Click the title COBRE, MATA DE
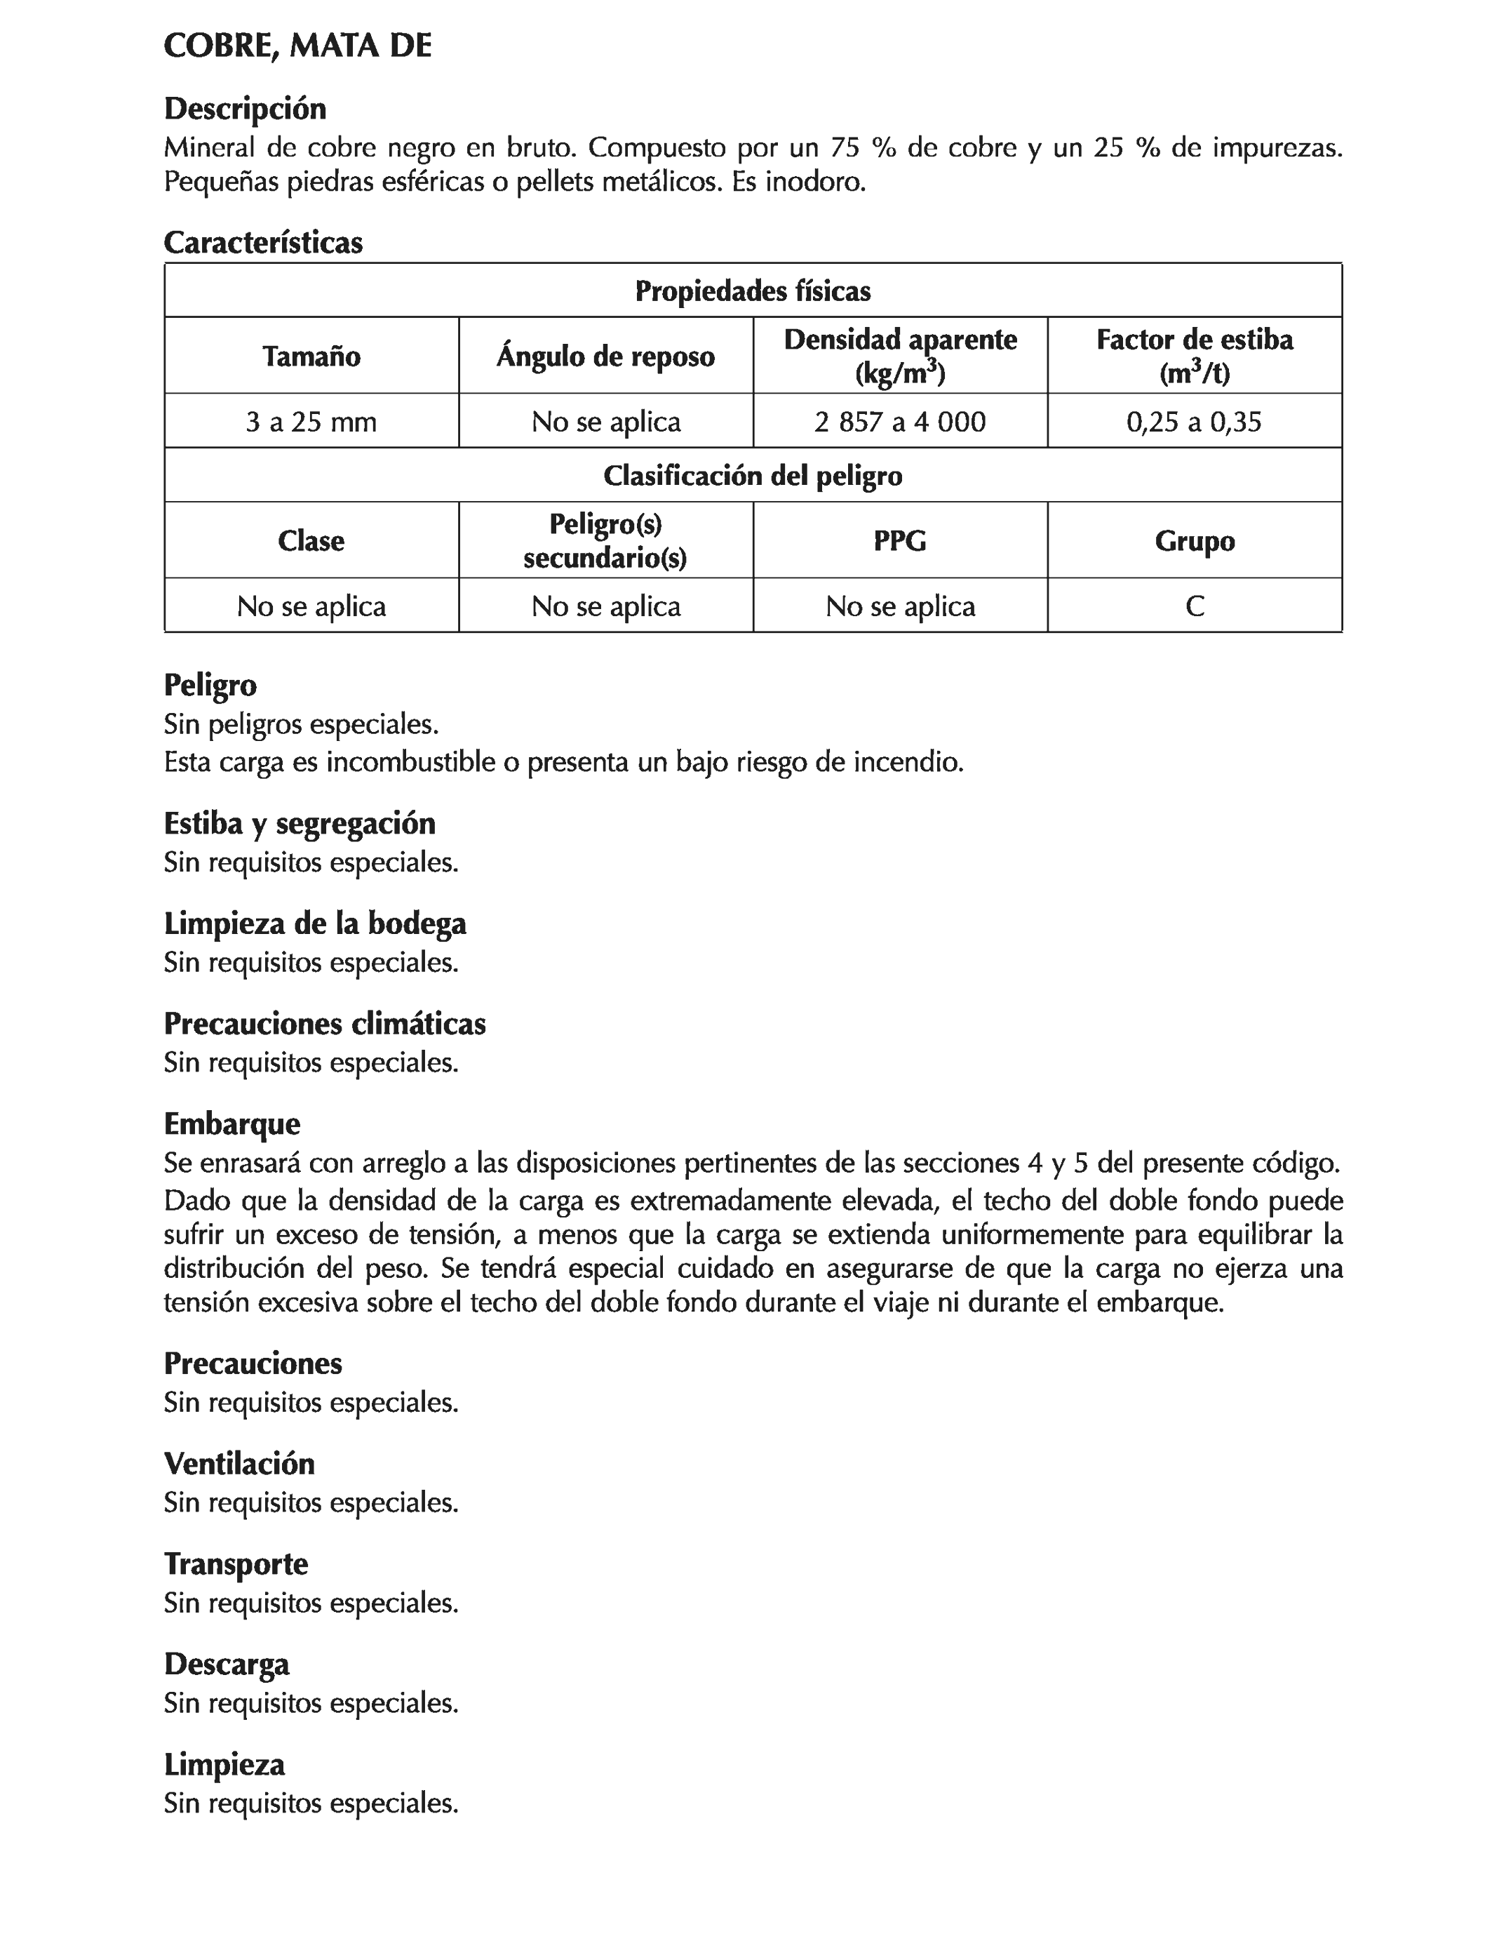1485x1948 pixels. (x=298, y=46)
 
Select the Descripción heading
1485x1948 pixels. (x=245, y=109)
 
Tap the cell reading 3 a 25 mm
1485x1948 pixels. (x=311, y=422)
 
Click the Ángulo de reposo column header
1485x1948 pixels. (x=605, y=356)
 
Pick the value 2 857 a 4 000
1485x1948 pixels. (x=900, y=422)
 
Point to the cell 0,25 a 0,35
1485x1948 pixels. (x=1194, y=422)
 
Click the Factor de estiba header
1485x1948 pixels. (x=1194, y=340)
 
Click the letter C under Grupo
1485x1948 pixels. (x=1194, y=606)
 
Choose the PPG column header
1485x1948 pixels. (x=900, y=540)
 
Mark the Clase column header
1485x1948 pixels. (x=311, y=540)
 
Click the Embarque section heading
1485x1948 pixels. (x=231, y=1124)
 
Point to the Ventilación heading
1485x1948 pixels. (x=238, y=1463)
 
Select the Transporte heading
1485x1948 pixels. (x=236, y=1563)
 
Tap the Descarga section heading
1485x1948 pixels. (x=227, y=1665)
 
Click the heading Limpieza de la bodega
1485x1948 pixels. (x=315, y=923)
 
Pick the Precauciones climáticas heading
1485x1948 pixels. (x=324, y=1024)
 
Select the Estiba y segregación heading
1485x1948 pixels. (x=300, y=823)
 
